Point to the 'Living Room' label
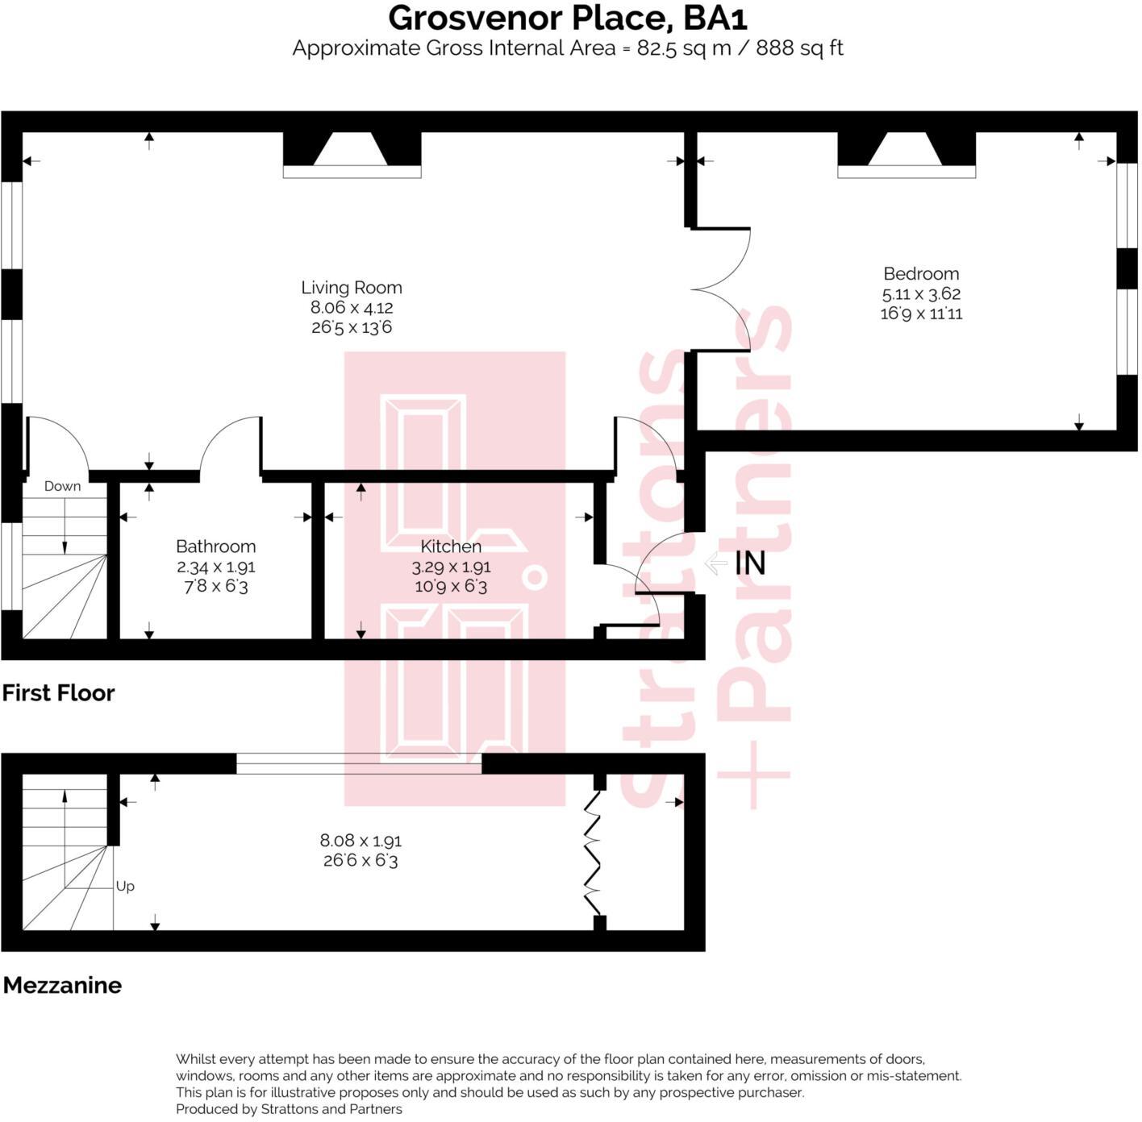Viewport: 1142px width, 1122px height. point(351,287)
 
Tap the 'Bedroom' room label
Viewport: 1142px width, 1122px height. point(921,273)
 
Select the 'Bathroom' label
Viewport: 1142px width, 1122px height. point(215,546)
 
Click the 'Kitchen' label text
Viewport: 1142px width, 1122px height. point(451,546)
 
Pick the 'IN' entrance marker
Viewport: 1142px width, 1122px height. point(749,563)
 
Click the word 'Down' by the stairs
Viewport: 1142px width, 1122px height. point(62,486)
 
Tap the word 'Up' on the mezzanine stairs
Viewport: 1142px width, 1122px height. point(125,886)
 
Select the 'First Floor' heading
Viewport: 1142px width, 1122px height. point(58,692)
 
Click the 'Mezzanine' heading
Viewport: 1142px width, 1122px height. point(62,984)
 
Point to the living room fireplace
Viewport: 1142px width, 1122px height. point(352,153)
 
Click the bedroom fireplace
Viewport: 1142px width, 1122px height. point(907,153)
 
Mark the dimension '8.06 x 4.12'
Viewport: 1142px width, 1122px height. point(352,307)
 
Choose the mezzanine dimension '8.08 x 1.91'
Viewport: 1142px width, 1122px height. point(361,840)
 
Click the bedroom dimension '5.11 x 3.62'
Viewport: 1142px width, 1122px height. point(921,293)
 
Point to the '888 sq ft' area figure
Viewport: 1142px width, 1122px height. point(799,48)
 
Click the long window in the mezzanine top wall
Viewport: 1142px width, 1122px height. point(358,763)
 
